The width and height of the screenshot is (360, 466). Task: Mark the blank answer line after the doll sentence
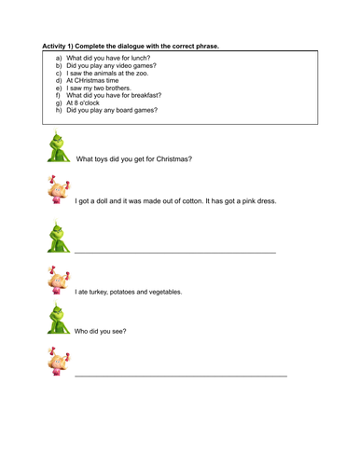(x=174, y=253)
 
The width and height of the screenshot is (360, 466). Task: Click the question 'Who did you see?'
(x=101, y=332)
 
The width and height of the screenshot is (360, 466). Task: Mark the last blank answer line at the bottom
(x=180, y=375)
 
